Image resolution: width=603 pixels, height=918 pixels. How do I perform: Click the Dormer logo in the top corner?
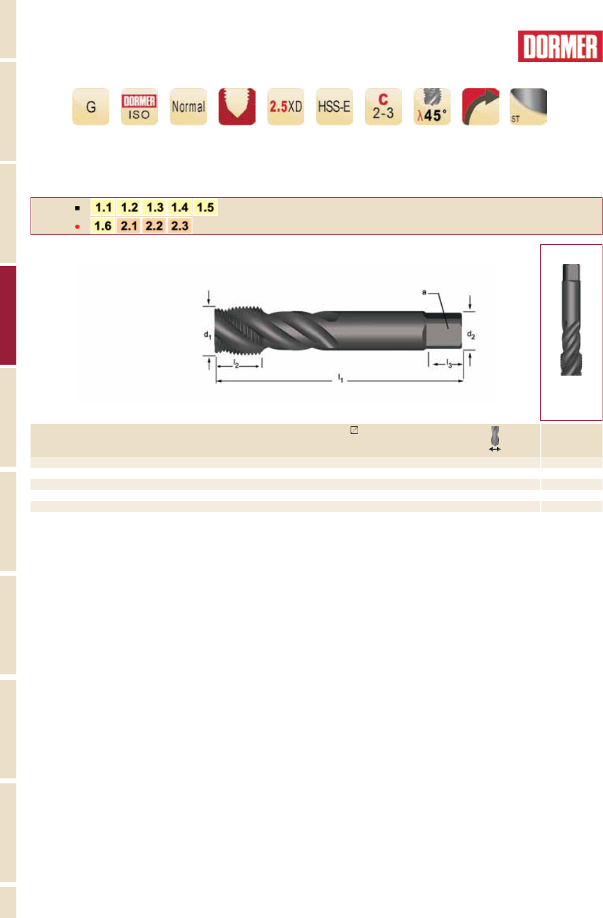[x=560, y=46]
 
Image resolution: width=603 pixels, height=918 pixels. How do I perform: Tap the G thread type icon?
[x=91, y=106]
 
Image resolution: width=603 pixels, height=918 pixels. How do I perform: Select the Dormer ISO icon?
[x=140, y=106]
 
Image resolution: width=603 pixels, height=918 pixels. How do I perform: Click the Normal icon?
[x=188, y=106]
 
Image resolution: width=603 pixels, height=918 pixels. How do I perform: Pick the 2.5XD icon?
[x=286, y=106]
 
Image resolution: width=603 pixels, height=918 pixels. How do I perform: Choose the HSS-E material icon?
[x=335, y=106]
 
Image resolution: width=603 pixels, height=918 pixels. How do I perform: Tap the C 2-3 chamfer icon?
[x=383, y=106]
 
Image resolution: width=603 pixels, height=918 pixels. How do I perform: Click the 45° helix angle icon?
[x=432, y=106]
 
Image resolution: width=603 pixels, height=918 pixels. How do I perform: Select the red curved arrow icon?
[x=481, y=106]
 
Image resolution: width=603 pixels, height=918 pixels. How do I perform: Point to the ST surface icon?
[x=528, y=106]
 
